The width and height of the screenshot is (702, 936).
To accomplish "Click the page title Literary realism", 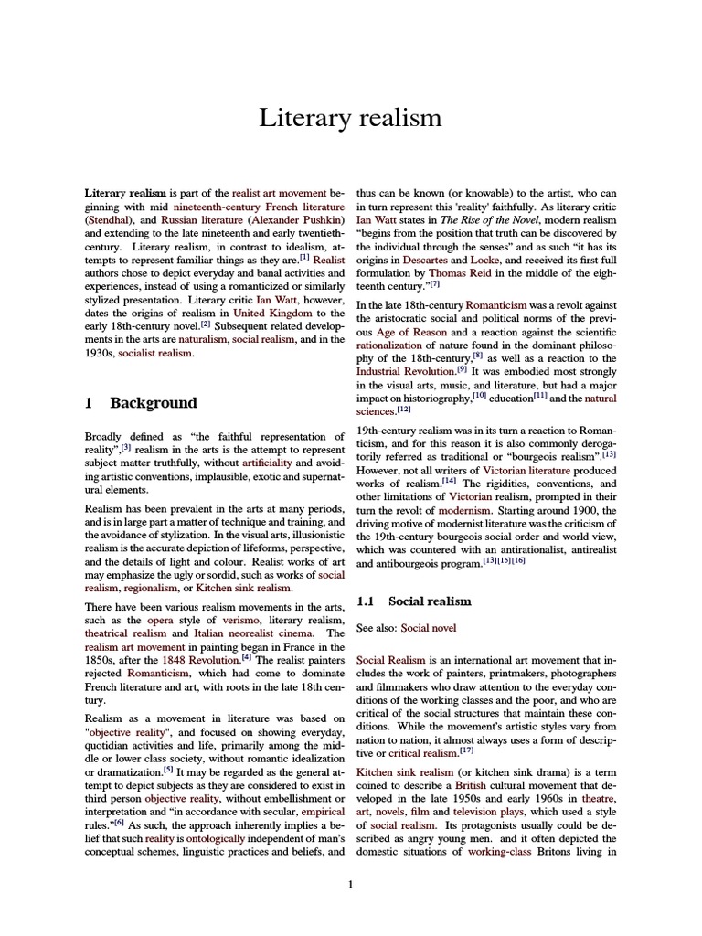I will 351,117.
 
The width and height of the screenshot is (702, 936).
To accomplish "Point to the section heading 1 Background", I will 141,403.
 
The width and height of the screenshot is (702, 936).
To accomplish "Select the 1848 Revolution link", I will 200,659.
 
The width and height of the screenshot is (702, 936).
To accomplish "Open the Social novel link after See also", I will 428,628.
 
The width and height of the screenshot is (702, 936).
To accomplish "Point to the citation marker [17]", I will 466,751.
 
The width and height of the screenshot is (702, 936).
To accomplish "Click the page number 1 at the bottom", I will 351,885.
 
